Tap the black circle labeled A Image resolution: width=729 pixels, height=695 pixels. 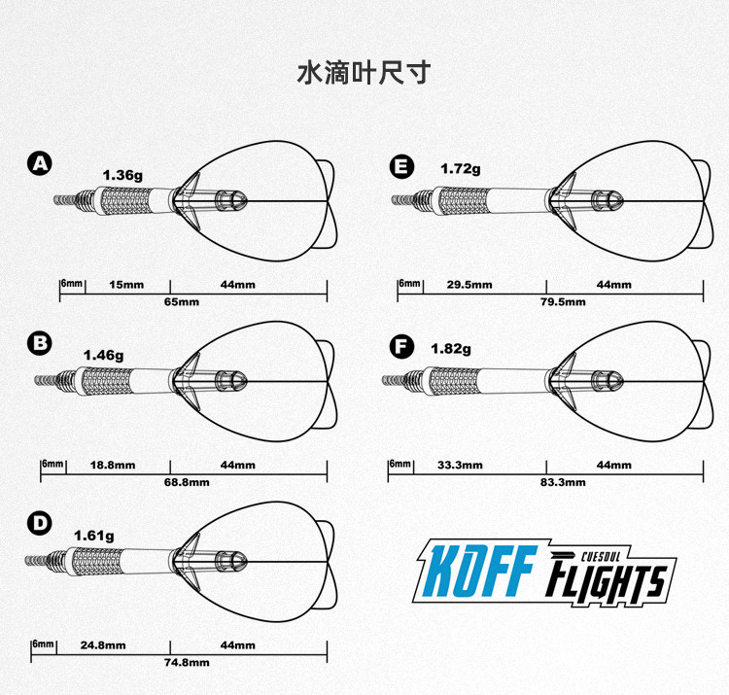coord(40,163)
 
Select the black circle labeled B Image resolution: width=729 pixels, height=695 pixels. coord(40,342)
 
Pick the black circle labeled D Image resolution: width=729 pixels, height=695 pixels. coord(40,524)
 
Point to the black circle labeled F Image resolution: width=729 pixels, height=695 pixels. coord(399,347)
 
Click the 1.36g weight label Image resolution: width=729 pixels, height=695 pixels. coord(122,175)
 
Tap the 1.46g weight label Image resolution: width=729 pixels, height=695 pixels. coord(103,355)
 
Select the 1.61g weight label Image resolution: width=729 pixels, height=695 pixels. coord(94,535)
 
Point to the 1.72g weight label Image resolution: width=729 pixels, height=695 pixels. coord(461,168)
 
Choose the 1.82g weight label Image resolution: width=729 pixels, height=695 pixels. coord(451,348)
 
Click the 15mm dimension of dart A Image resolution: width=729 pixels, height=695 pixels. coord(126,285)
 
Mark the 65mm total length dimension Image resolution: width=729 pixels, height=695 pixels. coord(182,302)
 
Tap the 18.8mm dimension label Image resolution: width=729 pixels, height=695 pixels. coord(113,466)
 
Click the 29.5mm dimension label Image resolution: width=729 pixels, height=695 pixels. coord(469,285)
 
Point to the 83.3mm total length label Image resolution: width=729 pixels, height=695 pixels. coord(563,482)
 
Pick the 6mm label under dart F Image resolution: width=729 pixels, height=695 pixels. coord(399,464)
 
